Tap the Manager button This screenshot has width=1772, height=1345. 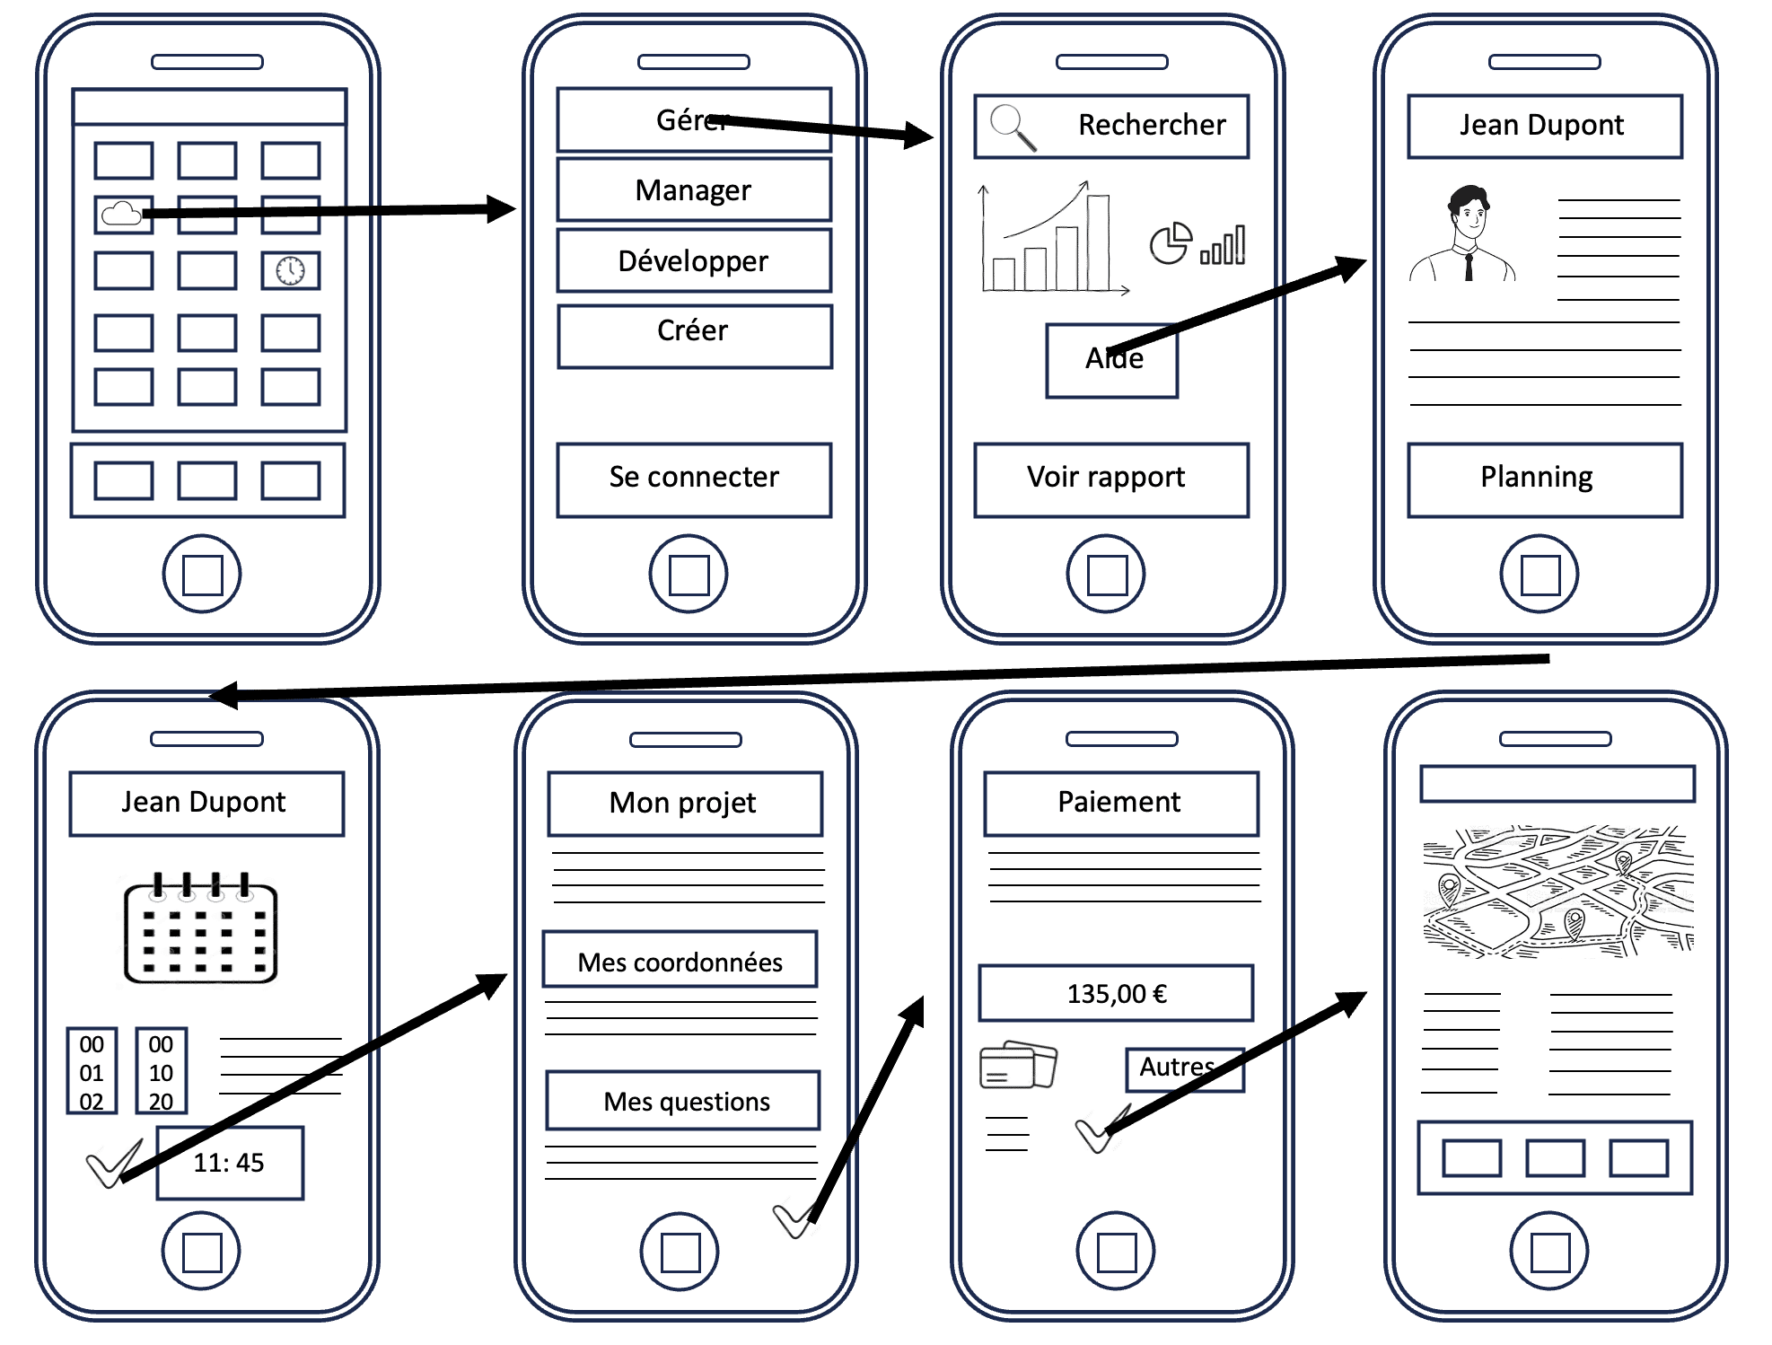(x=693, y=190)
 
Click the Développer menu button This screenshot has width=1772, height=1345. (x=693, y=261)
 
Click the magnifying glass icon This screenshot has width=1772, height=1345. (x=1012, y=127)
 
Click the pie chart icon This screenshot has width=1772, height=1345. (x=1171, y=243)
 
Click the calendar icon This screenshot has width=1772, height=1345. (x=200, y=929)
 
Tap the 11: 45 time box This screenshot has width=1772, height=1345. (x=230, y=1163)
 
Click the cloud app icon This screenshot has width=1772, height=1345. (x=122, y=215)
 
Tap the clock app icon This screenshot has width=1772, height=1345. (x=290, y=270)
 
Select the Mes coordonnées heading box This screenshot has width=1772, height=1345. (x=680, y=960)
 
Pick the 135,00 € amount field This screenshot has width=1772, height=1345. (x=1116, y=993)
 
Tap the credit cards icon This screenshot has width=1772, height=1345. (x=1017, y=1065)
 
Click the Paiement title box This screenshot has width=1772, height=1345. (x=1120, y=803)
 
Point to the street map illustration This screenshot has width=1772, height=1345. (x=1557, y=891)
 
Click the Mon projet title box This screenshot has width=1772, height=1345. (x=684, y=803)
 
